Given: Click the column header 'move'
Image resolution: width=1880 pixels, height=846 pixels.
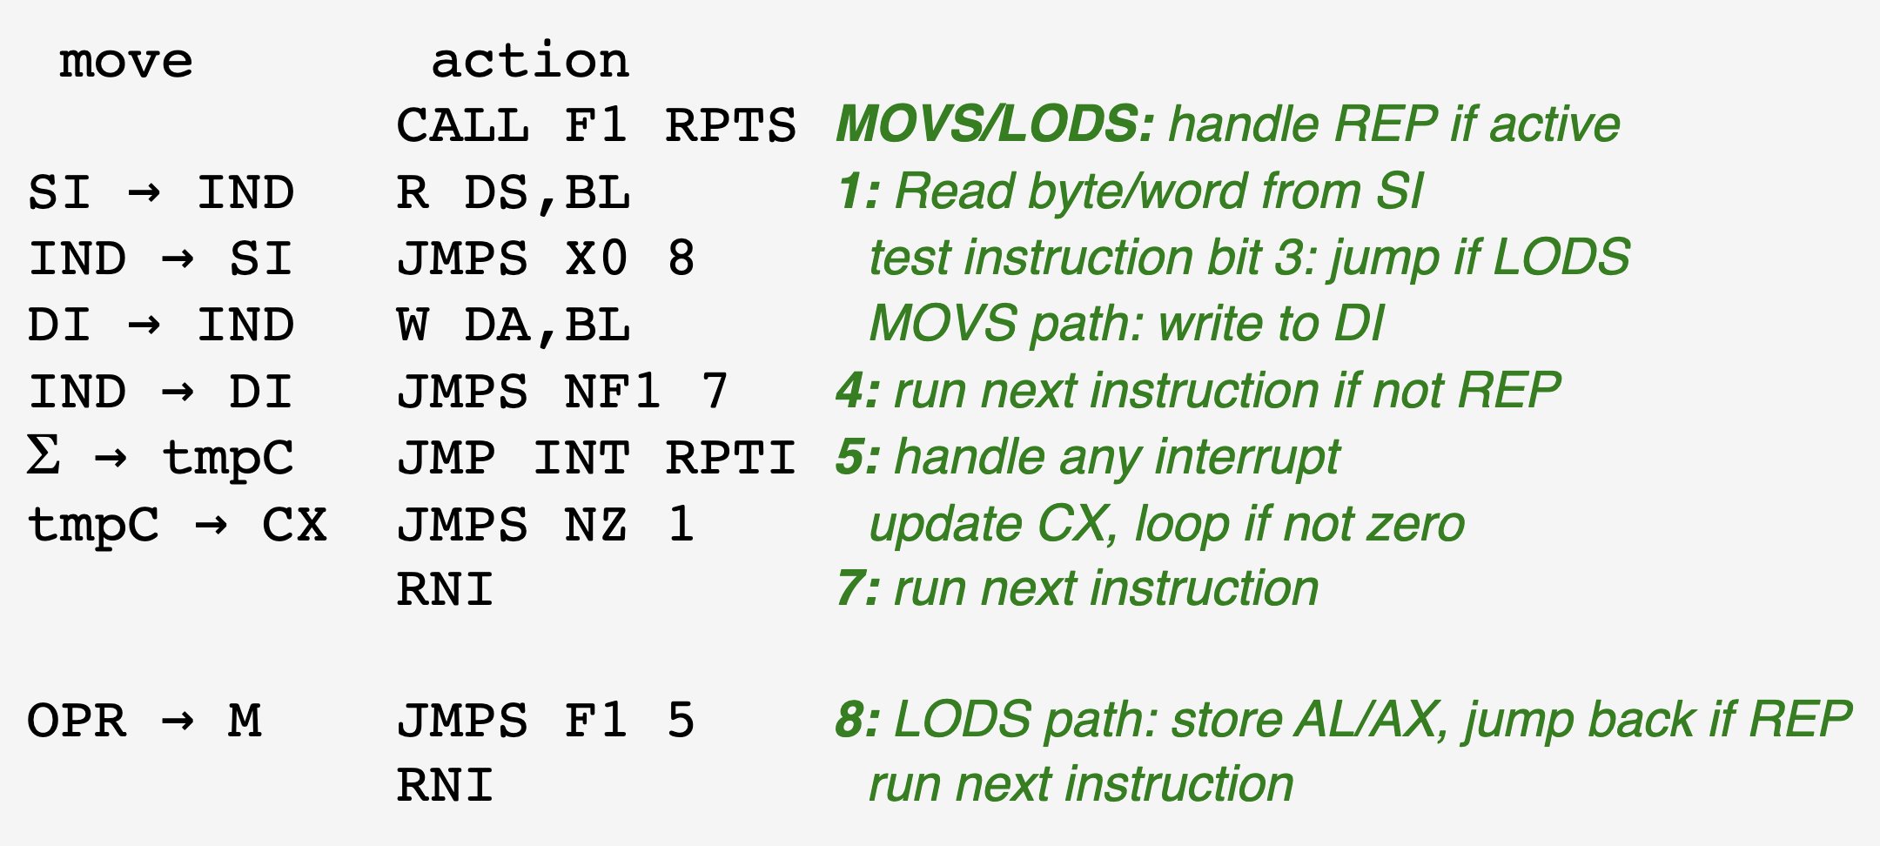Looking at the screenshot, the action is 126,62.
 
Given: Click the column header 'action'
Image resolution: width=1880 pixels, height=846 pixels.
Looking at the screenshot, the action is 530,62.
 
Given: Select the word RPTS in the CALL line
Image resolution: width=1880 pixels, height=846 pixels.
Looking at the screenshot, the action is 730,126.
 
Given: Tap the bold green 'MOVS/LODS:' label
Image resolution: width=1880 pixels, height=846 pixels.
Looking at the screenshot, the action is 995,124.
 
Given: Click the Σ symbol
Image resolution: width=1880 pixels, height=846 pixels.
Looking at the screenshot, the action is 44,455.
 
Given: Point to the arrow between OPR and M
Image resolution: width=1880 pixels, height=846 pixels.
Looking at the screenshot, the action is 178,722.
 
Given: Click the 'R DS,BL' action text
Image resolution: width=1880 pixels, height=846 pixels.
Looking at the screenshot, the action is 514,192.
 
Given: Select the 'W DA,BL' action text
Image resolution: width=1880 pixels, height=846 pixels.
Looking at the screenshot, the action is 514,326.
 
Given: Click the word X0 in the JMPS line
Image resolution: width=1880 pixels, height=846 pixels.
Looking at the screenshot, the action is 596,258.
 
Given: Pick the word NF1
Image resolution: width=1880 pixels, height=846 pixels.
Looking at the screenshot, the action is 612,392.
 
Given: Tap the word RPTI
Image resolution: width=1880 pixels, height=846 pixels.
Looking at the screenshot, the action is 730,459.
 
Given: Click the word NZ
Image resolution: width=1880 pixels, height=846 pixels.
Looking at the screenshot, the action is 596,525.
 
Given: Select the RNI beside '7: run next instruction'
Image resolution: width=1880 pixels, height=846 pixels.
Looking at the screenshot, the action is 445,590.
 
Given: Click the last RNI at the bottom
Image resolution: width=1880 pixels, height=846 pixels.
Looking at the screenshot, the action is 445,785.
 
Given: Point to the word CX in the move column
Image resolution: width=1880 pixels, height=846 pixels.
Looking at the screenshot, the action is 294,525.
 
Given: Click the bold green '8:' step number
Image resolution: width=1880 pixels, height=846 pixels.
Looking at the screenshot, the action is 857,721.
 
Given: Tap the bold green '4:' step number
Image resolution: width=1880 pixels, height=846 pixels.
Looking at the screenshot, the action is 857,391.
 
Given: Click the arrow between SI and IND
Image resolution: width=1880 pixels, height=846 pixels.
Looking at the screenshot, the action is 144,192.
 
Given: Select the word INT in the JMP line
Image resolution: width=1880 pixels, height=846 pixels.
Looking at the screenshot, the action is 581,459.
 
